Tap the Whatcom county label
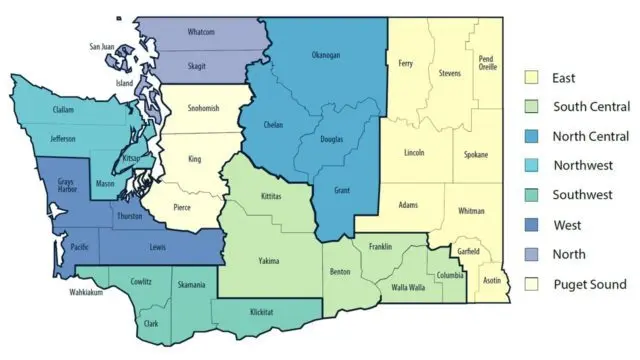point(201,32)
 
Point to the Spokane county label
point(477,155)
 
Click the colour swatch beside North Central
point(532,135)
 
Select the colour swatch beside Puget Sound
point(532,284)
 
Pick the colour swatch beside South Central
point(532,106)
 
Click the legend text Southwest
point(582,194)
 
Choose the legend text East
point(564,77)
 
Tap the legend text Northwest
point(582,165)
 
